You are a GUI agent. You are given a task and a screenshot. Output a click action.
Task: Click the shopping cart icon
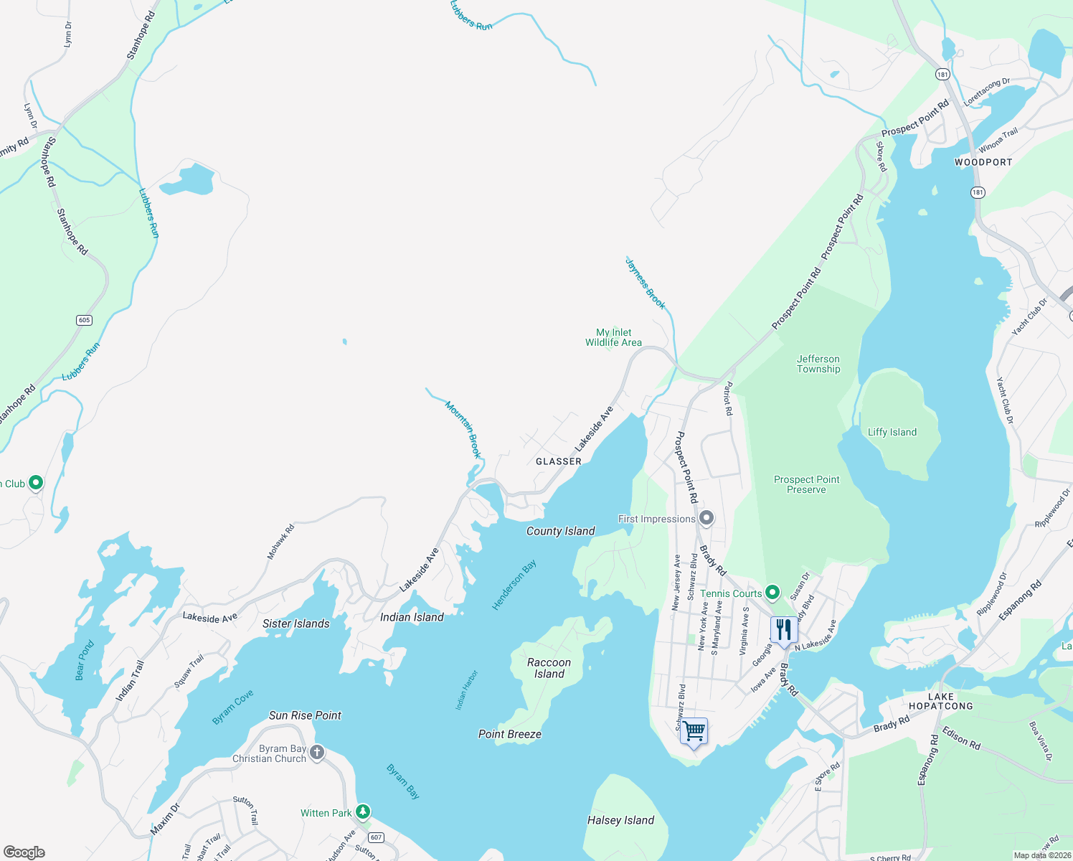[x=694, y=732]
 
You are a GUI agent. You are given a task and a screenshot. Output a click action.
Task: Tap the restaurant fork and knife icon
[x=784, y=630]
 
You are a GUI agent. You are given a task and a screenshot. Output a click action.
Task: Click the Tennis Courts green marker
[x=772, y=593]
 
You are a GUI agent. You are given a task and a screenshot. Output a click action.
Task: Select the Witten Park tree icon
[x=364, y=812]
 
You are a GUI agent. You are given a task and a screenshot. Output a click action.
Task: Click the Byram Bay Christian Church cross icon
[x=317, y=753]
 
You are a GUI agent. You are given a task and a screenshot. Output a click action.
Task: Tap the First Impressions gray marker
[x=706, y=518]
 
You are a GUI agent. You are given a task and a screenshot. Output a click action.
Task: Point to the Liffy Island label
[x=892, y=432]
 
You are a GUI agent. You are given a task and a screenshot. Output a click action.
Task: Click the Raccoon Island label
[x=549, y=668]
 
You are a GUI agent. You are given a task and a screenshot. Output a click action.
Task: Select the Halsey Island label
[x=620, y=820]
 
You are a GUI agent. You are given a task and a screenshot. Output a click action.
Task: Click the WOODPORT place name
[x=983, y=162]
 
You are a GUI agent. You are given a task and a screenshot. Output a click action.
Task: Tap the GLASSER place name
[x=558, y=461]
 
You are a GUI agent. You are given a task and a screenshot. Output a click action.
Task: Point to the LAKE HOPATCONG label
[x=940, y=701]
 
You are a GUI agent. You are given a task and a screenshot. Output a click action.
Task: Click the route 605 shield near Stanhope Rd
[x=85, y=320]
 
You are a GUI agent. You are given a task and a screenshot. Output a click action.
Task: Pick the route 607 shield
[x=377, y=837]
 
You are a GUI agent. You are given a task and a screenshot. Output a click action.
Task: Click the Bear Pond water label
[x=85, y=661]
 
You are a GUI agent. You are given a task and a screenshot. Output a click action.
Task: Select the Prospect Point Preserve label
[x=806, y=484]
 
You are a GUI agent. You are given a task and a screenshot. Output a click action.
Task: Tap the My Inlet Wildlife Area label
[x=613, y=337]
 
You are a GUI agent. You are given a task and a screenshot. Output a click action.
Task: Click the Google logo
[x=24, y=852]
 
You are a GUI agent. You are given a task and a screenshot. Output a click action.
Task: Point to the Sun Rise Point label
[x=305, y=715]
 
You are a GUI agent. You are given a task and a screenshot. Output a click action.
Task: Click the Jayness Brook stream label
[x=646, y=285]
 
